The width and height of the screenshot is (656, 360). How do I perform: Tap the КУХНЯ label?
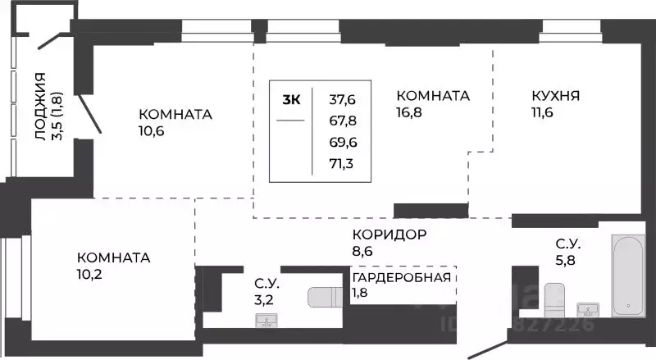point(556,96)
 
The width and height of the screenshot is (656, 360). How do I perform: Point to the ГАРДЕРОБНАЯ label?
point(402,276)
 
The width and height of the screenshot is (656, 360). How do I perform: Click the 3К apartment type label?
point(291,100)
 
